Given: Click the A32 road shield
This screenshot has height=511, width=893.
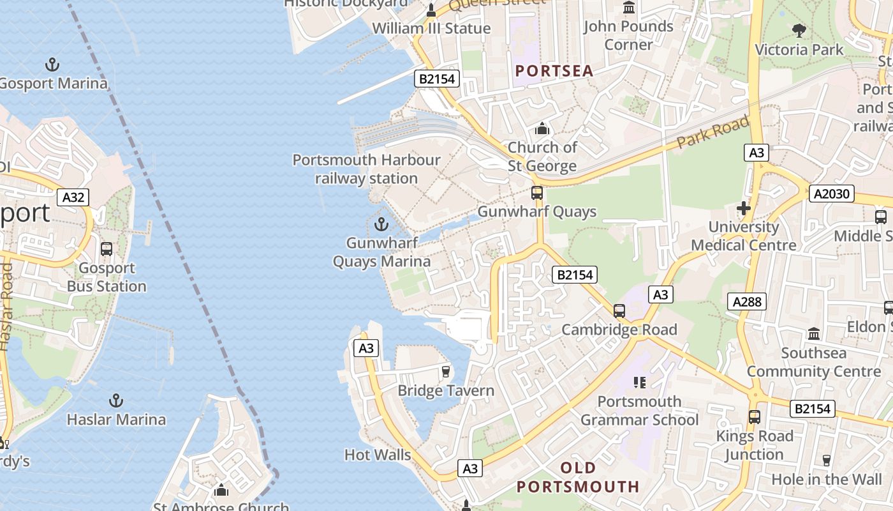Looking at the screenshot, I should pyautogui.click(x=73, y=197).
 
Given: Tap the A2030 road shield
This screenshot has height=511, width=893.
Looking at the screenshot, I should pyautogui.click(x=832, y=194).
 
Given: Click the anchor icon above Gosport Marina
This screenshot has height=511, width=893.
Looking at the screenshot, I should pyautogui.click(x=52, y=64).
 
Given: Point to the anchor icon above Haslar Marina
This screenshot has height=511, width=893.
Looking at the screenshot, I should pyautogui.click(x=115, y=400).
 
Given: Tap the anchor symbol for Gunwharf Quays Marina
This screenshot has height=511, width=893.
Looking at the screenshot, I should pyautogui.click(x=381, y=224).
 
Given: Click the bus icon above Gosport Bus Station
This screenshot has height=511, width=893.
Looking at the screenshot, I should pyautogui.click(x=107, y=249).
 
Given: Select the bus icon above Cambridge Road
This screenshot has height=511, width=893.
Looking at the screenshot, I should pyautogui.click(x=619, y=311).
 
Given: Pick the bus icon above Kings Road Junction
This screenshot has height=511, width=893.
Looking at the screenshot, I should pyautogui.click(x=755, y=417).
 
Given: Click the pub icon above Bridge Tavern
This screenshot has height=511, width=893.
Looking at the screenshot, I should pyautogui.click(x=446, y=372).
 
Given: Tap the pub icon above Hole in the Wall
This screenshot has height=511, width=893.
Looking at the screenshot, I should pyautogui.click(x=827, y=461).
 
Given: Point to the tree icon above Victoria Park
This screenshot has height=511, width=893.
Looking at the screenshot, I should pyautogui.click(x=799, y=30).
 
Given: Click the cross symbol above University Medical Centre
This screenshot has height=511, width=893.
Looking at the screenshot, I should pyautogui.click(x=743, y=208).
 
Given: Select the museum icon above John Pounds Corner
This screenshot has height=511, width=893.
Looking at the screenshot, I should pyautogui.click(x=629, y=8).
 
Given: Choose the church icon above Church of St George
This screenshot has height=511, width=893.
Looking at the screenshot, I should pyautogui.click(x=542, y=128).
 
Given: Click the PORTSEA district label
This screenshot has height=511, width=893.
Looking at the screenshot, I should pyautogui.click(x=554, y=71).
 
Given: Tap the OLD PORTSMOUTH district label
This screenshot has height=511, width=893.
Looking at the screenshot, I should pyautogui.click(x=578, y=477).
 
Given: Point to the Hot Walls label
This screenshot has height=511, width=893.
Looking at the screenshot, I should pyautogui.click(x=378, y=455).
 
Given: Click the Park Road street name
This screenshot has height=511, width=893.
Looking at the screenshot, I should pyautogui.click(x=713, y=132).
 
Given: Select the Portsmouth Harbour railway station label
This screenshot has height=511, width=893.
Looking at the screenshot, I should pyautogui.click(x=366, y=169).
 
